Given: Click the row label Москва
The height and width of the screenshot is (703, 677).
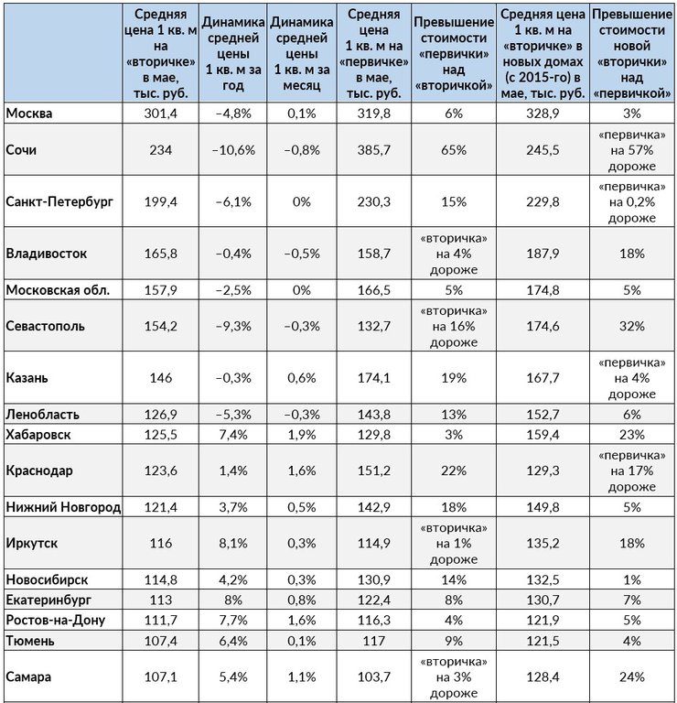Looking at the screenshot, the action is tap(29, 113).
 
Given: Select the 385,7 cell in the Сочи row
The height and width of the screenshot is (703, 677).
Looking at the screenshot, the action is tap(373, 150).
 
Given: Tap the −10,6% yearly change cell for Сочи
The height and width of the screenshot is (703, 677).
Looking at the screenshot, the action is tap(233, 150).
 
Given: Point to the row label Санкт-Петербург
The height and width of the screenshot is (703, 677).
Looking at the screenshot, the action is tap(59, 201).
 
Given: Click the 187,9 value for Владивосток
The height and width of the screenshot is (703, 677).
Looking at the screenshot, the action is tap(543, 254).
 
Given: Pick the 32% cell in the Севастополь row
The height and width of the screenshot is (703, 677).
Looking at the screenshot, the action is tap(632, 326).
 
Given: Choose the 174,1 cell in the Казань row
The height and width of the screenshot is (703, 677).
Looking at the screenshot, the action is tap(373, 377).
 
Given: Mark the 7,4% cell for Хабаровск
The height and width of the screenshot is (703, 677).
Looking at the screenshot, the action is tap(233, 435).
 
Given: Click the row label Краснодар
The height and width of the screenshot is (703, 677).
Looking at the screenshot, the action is tap(39, 470).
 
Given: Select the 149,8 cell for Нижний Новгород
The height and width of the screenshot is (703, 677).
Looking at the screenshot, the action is tap(543, 507).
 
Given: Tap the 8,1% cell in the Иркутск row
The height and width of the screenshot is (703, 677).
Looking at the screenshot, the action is tap(233, 543).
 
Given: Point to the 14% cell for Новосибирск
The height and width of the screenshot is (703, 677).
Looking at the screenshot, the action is tap(454, 579).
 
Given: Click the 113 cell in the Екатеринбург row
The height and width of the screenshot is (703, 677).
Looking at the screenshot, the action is tap(160, 600).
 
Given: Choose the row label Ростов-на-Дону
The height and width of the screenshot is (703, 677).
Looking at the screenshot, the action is tap(56, 620).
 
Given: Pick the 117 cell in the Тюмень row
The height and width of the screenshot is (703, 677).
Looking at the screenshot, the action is tap(373, 641).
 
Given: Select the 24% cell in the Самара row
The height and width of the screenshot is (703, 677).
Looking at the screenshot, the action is tap(632, 676).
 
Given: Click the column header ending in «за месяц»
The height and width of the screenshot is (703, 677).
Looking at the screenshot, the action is tap(302, 53).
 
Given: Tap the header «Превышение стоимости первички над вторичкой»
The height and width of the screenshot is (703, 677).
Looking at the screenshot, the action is tap(454, 53).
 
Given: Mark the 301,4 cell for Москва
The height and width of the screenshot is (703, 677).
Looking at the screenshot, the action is tap(160, 113).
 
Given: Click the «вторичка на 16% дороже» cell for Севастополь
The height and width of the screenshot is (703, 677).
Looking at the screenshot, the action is tap(454, 326).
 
